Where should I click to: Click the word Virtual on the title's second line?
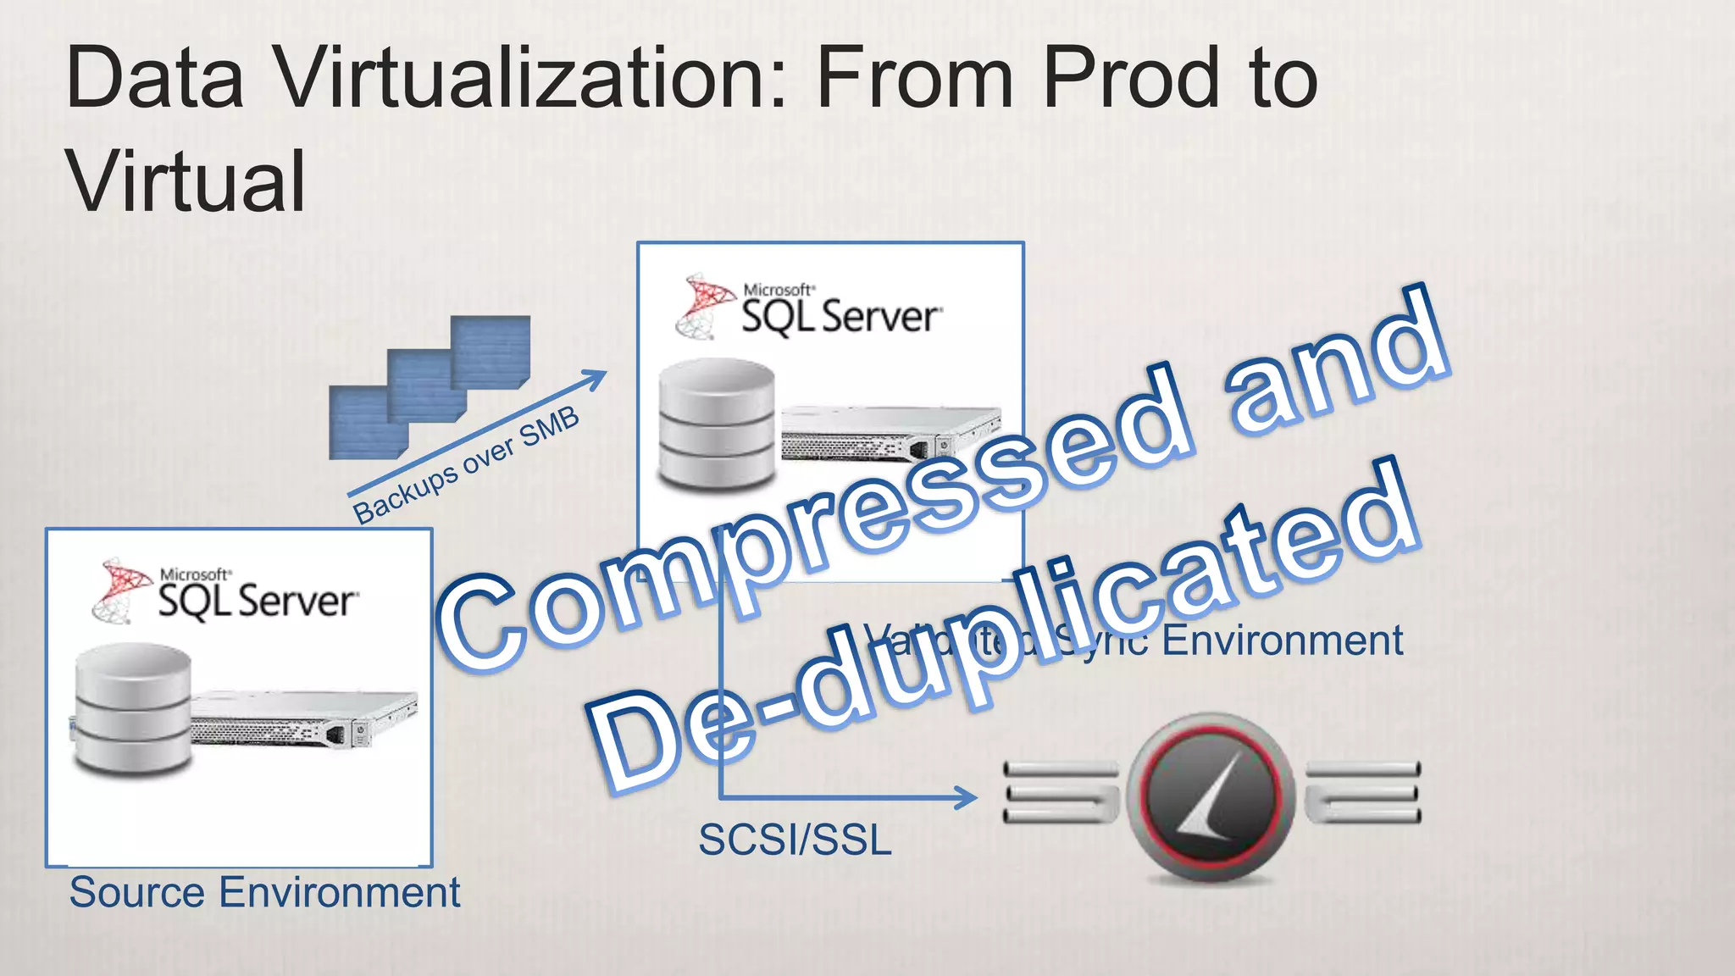(x=186, y=181)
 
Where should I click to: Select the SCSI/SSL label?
(x=795, y=840)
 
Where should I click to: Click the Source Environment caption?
(x=264, y=893)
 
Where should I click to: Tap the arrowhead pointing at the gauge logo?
(x=966, y=797)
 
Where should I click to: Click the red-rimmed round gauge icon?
(x=1210, y=796)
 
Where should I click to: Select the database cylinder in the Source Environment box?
(x=132, y=708)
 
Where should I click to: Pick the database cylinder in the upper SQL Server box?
(x=717, y=424)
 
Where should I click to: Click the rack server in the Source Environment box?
(x=305, y=716)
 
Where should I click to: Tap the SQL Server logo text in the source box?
(x=257, y=601)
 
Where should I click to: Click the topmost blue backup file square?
(x=491, y=349)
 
